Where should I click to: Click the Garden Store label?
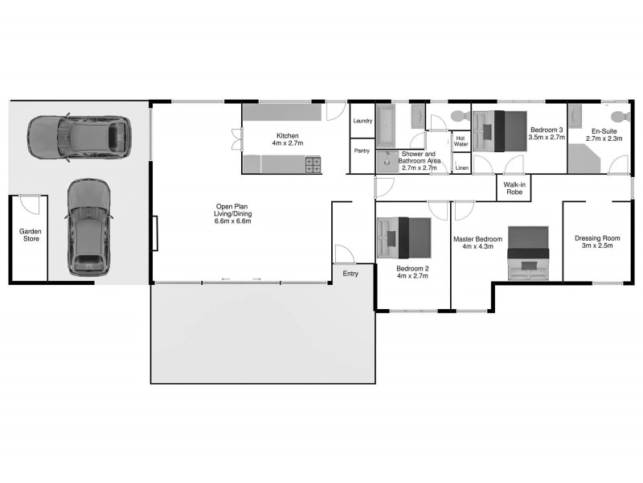tap(31, 234)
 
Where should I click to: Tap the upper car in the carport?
tap(80, 137)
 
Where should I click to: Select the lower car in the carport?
tap(88, 228)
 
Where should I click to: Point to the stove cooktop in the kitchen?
tap(313, 166)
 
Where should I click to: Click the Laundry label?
tap(362, 121)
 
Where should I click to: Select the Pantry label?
tap(362, 151)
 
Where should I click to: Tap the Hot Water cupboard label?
tap(461, 141)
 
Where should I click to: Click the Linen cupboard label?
tap(461, 167)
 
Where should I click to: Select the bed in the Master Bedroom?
tap(528, 254)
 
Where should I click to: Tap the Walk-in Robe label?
tap(514, 188)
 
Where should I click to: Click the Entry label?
tap(350, 275)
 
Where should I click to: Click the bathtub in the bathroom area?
tap(387, 122)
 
